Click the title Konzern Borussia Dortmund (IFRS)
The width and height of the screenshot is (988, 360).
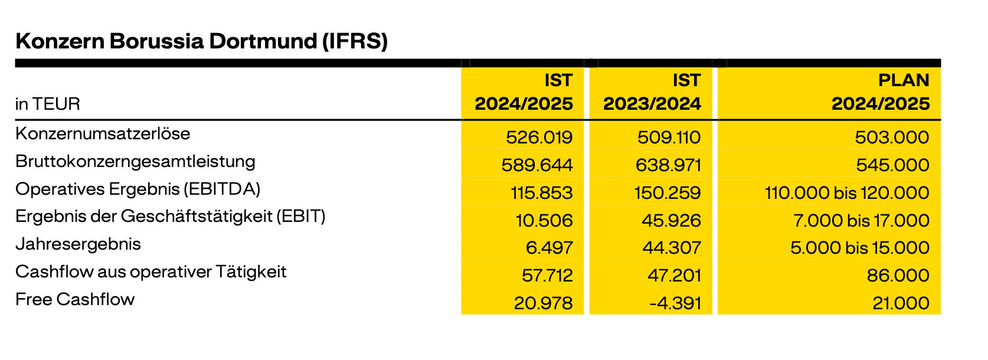click(201, 41)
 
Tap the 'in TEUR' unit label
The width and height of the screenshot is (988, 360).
click(47, 104)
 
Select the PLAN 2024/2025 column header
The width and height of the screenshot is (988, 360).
click(880, 92)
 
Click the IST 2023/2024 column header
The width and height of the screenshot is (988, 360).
click(652, 92)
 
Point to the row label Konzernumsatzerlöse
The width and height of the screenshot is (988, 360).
click(103, 133)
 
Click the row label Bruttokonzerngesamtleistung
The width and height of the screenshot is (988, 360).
click(135, 161)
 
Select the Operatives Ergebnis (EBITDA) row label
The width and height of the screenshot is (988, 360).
click(138, 189)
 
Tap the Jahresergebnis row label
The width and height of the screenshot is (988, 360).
click(78, 244)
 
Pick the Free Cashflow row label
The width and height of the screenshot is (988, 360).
click(75, 299)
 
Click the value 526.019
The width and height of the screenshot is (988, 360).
click(539, 138)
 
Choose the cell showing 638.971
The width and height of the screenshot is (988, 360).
click(668, 165)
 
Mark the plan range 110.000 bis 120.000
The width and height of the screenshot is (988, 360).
click(846, 193)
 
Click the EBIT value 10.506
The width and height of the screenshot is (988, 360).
click(544, 221)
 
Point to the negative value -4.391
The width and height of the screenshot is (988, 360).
click(675, 303)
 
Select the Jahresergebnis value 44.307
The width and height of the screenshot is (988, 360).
click(671, 248)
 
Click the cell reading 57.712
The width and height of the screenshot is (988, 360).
click(547, 276)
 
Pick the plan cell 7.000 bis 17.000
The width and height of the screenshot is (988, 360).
click(861, 221)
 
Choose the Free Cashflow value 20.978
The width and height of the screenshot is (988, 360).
click(543, 303)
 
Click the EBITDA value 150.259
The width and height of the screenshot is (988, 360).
click(668, 193)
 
